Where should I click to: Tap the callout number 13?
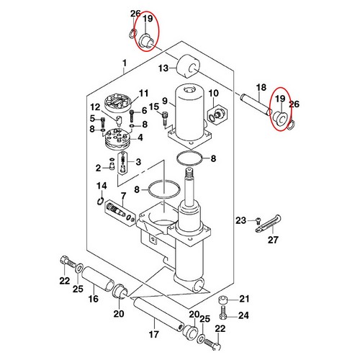pyautogui.click(x=163, y=68)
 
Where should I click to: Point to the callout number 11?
pyautogui.click(x=143, y=93)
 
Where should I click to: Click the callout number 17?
pyautogui.click(x=153, y=333)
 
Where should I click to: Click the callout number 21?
pyautogui.click(x=243, y=300)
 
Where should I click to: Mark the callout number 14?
pyautogui.click(x=102, y=186)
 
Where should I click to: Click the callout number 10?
pyautogui.click(x=213, y=94)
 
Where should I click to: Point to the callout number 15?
pyautogui.click(x=153, y=107)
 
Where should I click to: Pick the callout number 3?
pyautogui.click(x=138, y=161)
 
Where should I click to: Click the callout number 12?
pyautogui.click(x=94, y=107)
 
